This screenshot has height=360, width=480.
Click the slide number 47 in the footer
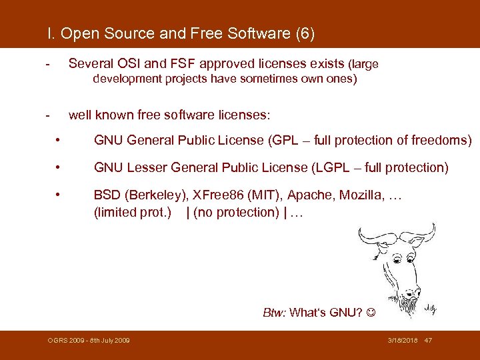[428, 341]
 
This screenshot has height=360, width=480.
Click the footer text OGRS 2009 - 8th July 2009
[89, 341]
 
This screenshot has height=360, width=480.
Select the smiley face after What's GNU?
[371, 313]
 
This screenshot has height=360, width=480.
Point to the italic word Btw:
[275, 313]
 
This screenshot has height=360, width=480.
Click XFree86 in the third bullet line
[219, 195]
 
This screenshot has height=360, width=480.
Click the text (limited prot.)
[133, 213]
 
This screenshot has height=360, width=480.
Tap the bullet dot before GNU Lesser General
[59, 167]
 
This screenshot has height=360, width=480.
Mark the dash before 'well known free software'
[47, 115]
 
